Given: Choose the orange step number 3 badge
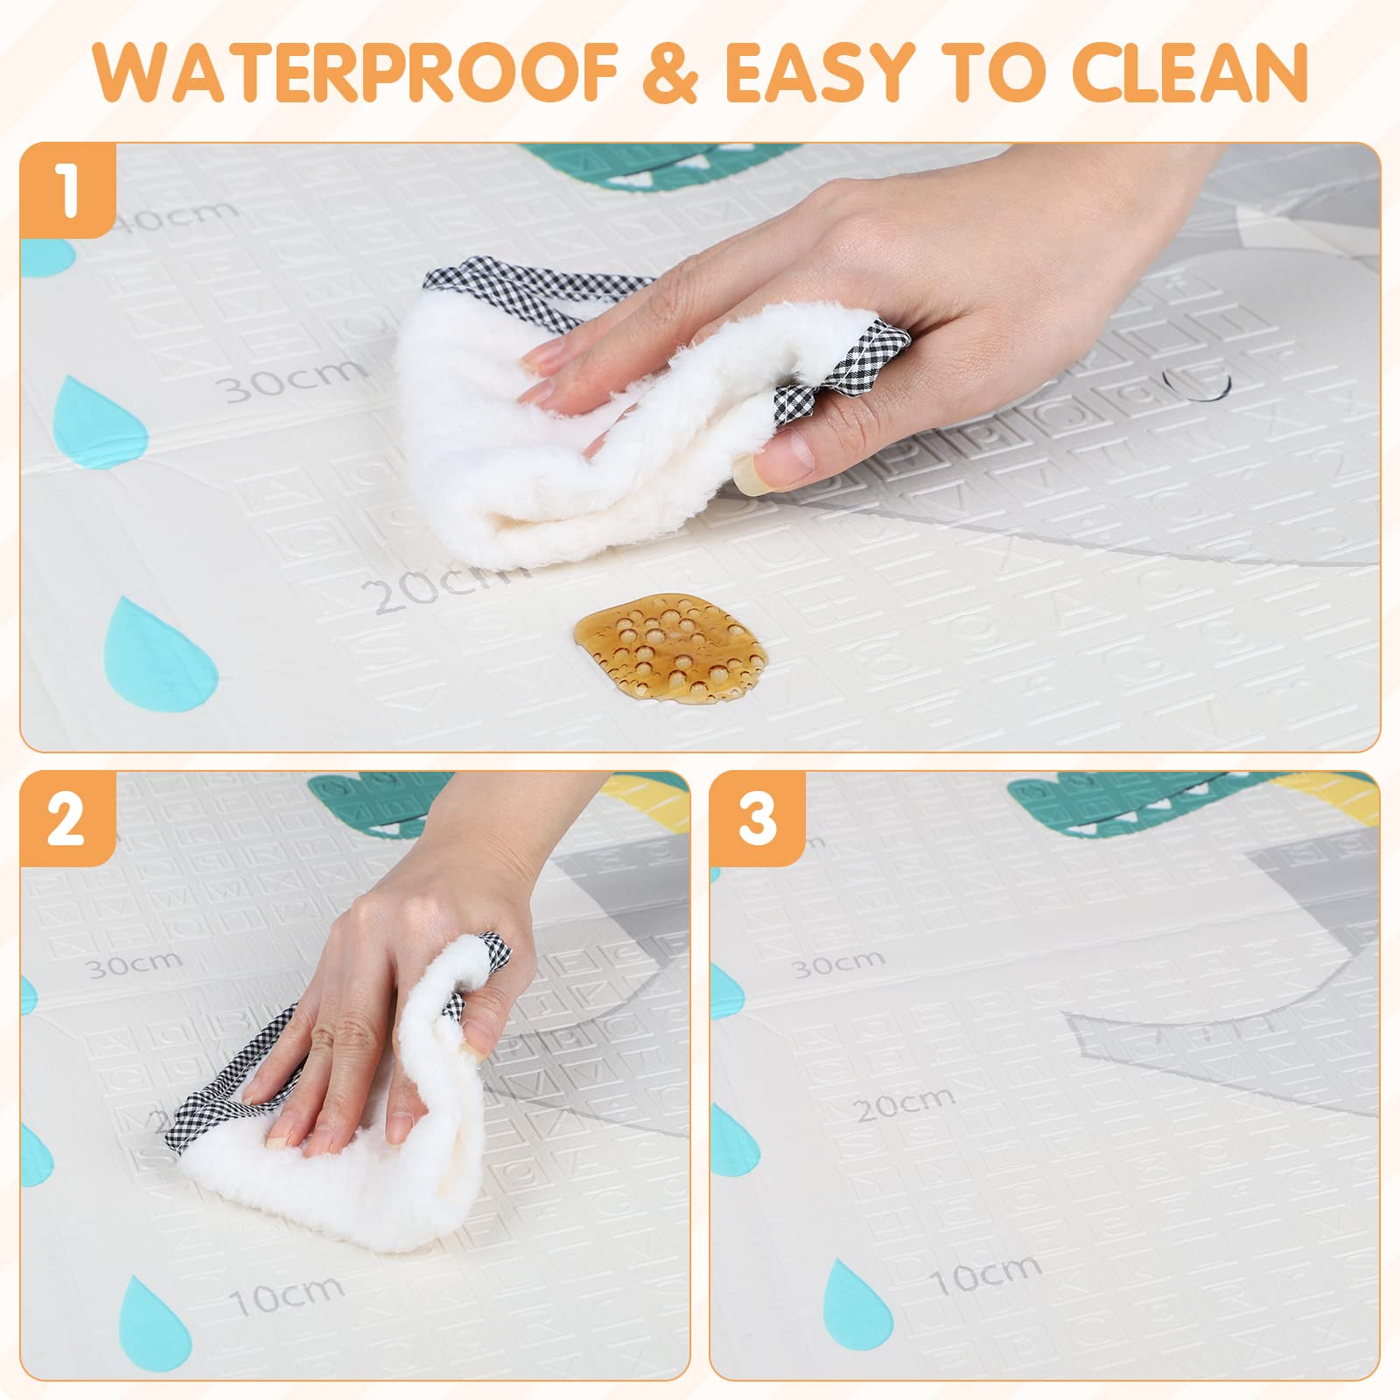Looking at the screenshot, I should pyautogui.click(x=757, y=819).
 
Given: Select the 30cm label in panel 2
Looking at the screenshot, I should pyautogui.click(x=133, y=963).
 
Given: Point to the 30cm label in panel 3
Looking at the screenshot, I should pyautogui.click(x=837, y=963).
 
